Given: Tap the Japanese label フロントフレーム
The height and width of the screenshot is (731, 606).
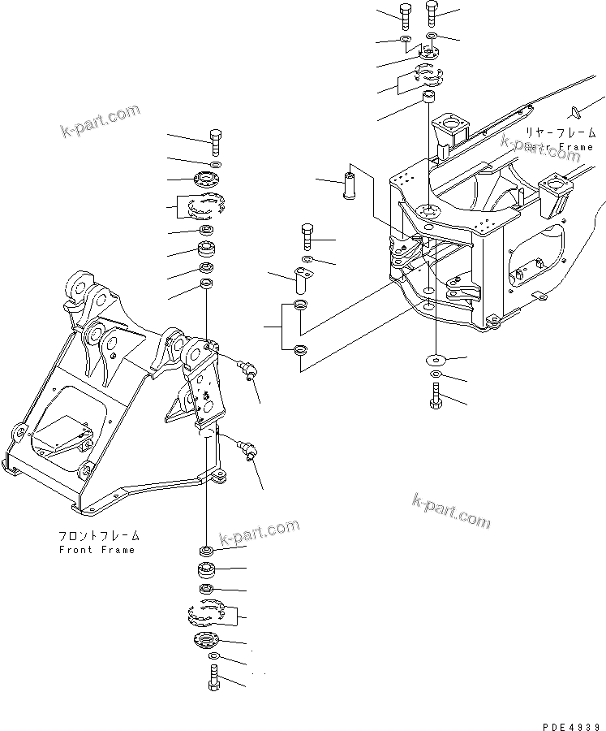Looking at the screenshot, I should pos(99,537).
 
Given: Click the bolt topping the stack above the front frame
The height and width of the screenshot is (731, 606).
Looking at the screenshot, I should pos(215,141).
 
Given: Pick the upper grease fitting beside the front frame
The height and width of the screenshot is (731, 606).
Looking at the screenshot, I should pos(247,370).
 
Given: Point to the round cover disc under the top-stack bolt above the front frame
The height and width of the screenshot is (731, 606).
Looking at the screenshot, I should pos(209,180).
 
